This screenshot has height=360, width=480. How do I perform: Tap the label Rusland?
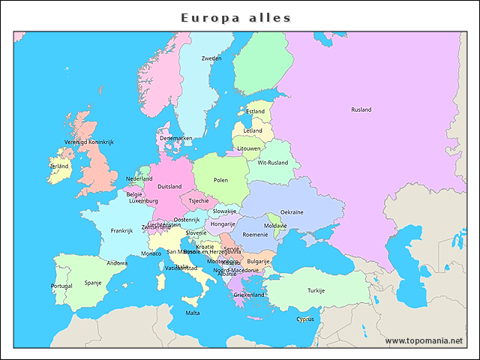click(361, 109)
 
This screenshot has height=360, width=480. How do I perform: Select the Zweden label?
click(211, 58)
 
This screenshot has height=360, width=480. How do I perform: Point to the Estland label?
click(256, 112)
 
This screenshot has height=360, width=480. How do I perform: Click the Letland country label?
click(253, 130)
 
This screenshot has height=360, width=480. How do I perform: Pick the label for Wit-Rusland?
click(272, 162)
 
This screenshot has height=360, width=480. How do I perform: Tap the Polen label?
click(220, 180)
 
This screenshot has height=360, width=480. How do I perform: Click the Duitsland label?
click(169, 187)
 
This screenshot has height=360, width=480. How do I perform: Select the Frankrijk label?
click(121, 230)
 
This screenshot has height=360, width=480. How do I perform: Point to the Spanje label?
click(92, 283)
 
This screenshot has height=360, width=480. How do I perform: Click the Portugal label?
click(61, 286)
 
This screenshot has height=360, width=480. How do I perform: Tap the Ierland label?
click(59, 166)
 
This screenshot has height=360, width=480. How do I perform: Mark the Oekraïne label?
click(292, 212)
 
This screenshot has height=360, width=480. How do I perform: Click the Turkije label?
click(316, 290)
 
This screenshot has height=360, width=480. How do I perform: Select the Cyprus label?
click(305, 319)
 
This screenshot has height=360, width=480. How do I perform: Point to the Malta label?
click(193, 313)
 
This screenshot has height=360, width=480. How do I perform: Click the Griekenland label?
click(249, 295)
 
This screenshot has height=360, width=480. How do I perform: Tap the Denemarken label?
click(176, 138)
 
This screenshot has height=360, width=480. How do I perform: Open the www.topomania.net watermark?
click(424, 340)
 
